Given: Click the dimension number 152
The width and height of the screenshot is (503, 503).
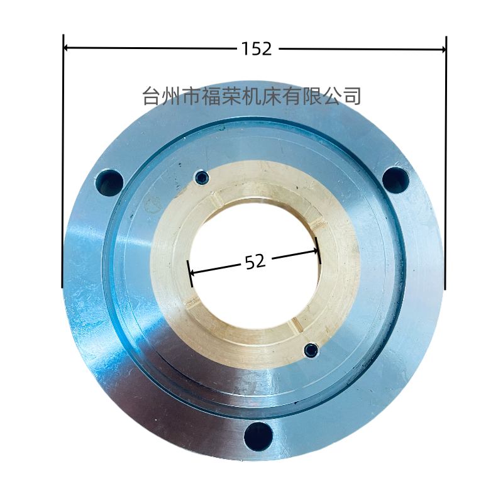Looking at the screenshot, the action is [x=257, y=49].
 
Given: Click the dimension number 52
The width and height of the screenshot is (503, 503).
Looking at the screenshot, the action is [x=255, y=262].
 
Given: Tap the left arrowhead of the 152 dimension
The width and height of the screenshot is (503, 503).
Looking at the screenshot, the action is [x=67, y=48].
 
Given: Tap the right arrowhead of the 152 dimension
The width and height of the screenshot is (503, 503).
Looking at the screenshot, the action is [x=442, y=50].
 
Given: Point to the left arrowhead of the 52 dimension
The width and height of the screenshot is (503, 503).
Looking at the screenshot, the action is [x=193, y=274].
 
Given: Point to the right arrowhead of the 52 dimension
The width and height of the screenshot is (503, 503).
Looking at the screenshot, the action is [x=315, y=251].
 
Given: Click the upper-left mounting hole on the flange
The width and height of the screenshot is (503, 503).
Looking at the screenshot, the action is [x=109, y=183].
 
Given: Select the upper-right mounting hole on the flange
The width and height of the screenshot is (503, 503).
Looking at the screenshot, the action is [x=396, y=180].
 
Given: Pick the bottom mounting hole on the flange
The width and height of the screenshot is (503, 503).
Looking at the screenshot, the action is [x=258, y=436].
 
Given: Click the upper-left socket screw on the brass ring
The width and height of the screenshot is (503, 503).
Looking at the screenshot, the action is [x=202, y=177].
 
